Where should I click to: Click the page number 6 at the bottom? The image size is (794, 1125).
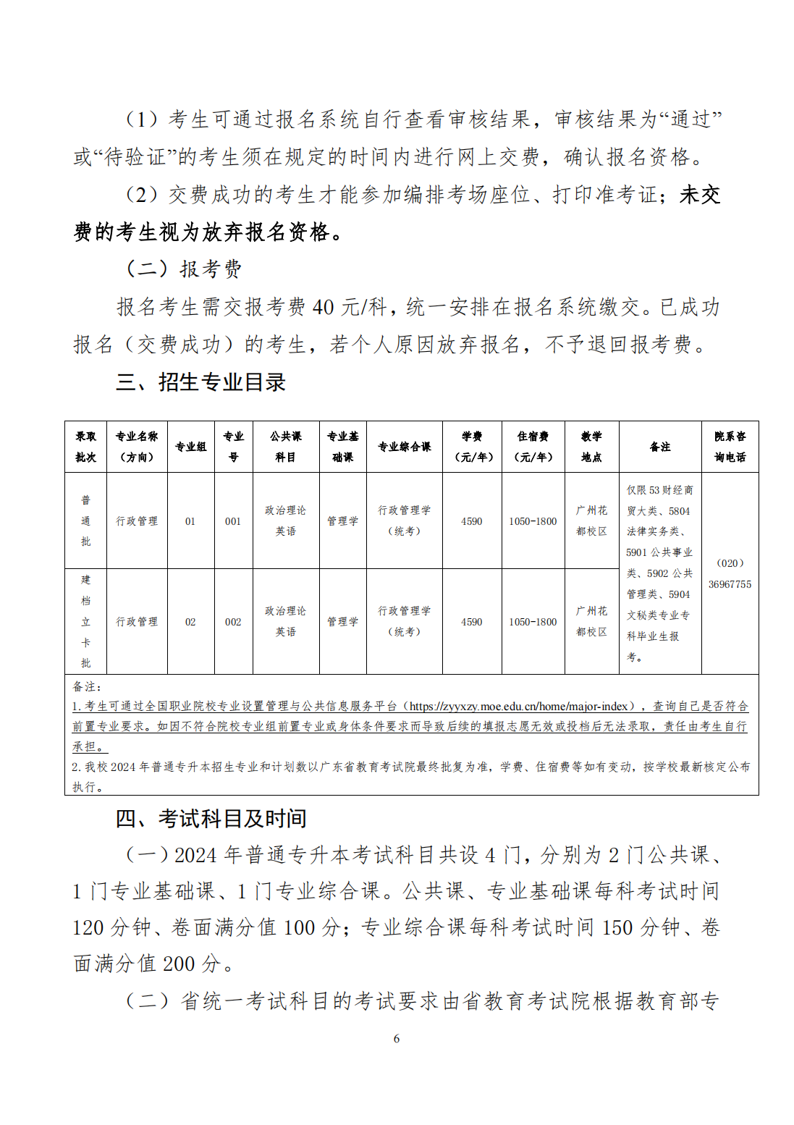point(397,1038)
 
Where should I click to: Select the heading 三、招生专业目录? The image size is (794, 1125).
point(201,382)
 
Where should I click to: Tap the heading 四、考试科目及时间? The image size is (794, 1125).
point(211,819)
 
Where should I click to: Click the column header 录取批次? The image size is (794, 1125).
point(85,447)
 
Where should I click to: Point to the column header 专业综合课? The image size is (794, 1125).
point(404,447)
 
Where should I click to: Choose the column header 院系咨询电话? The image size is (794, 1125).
point(730,447)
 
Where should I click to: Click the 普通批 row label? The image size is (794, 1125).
point(85,521)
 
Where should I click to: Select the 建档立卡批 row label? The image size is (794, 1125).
point(85,621)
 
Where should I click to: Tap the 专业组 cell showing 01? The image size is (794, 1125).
point(190,521)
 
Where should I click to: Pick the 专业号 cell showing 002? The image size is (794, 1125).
point(233,622)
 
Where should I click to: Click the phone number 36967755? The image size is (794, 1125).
point(730,584)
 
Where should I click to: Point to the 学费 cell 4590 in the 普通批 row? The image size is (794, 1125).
point(472,521)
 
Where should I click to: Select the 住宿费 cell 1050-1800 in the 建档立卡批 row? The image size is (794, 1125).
point(533,622)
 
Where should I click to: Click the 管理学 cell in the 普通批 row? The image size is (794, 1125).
point(342,521)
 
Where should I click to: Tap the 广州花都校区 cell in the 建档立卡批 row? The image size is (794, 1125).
point(591,621)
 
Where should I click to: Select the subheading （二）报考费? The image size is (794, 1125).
point(184,269)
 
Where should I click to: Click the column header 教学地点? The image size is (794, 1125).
point(591,447)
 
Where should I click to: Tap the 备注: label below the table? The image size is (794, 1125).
point(88,686)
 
